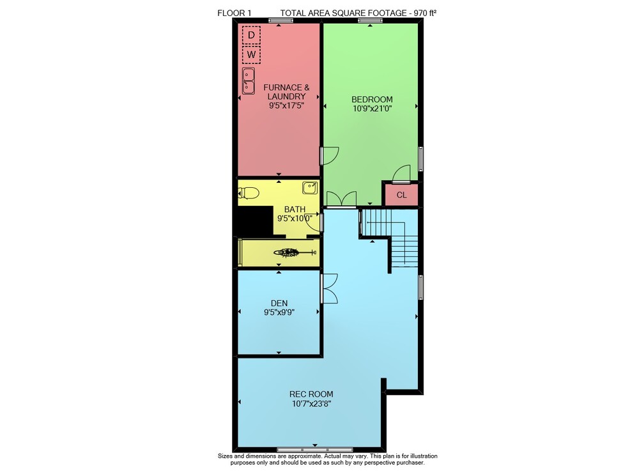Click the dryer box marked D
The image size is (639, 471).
pyautogui.click(x=251, y=35)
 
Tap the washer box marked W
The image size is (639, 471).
pyautogui.click(x=251, y=54)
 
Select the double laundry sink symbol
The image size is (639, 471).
pyautogui.click(x=249, y=81)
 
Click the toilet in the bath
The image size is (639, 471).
pyautogui.click(x=249, y=193)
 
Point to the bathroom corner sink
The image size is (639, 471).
pyautogui.click(x=310, y=188)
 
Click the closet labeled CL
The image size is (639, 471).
pyautogui.click(x=401, y=195)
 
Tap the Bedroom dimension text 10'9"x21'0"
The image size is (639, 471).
pyautogui.click(x=372, y=109)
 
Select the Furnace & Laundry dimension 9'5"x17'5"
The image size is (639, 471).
pyautogui.click(x=286, y=105)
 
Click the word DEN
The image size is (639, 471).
pyautogui.click(x=279, y=303)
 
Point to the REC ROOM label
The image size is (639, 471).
pyautogui.click(x=311, y=394)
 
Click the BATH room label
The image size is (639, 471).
pyautogui.click(x=295, y=210)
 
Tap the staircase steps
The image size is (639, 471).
pyautogui.click(x=390, y=238)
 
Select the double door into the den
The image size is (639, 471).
pyautogui.click(x=330, y=288)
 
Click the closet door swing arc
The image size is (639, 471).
pyautogui.click(x=401, y=173)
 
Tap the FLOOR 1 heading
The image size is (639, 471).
pyautogui.click(x=235, y=13)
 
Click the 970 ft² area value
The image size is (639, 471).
pyautogui.click(x=425, y=13)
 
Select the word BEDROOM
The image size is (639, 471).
pyautogui.click(x=372, y=100)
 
